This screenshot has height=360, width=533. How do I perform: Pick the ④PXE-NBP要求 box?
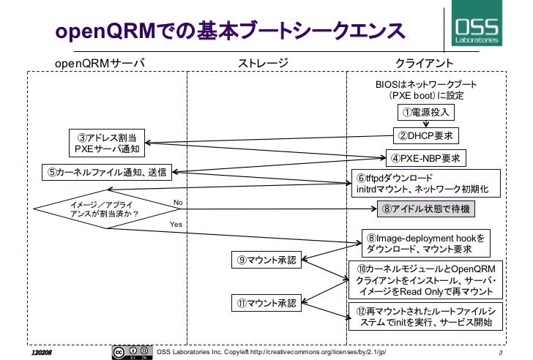point(425,157)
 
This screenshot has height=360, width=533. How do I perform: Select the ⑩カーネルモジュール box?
point(424,280)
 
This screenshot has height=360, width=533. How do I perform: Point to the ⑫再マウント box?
point(424,317)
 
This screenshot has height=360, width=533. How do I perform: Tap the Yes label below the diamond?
point(176,224)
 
